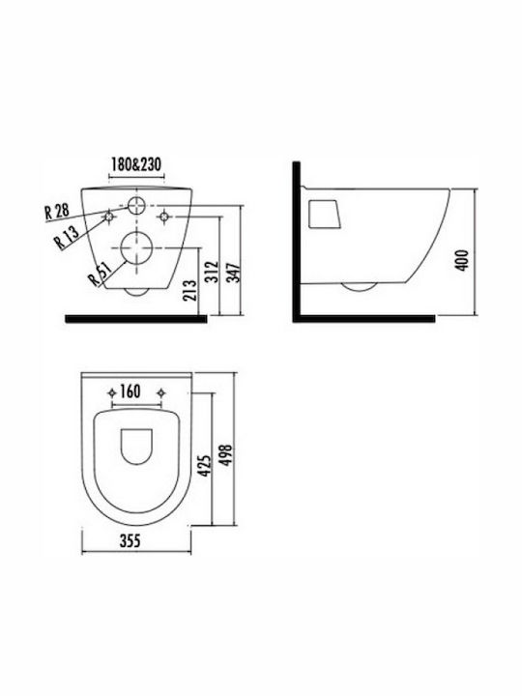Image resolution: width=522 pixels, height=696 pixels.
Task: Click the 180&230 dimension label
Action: pos(136,164)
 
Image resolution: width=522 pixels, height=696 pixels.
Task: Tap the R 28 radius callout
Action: pos(57,211)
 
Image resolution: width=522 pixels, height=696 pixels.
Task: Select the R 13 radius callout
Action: pos(67,236)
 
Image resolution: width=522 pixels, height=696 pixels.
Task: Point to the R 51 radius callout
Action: pos(99,275)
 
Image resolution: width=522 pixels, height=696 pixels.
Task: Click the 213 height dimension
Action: pos(190,290)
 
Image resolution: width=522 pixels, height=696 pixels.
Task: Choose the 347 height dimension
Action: pos(234,272)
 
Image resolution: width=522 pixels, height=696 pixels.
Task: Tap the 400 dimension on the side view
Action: pos(462,261)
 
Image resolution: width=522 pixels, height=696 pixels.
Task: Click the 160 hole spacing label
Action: pos(130,391)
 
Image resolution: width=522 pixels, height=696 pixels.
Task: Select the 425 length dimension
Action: pos(204,466)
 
